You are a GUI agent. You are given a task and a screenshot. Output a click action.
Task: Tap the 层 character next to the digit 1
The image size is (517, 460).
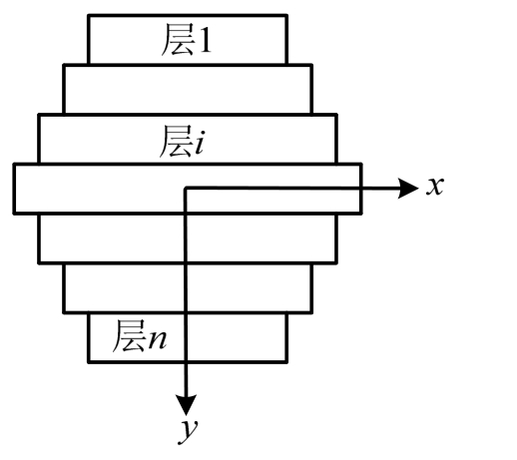click(x=178, y=40)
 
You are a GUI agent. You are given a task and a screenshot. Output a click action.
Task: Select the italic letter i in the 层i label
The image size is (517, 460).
click(x=199, y=143)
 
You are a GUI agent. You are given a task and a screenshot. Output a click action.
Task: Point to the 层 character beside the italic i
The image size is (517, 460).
click(x=177, y=142)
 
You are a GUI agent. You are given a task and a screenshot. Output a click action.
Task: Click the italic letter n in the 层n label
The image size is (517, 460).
click(x=158, y=339)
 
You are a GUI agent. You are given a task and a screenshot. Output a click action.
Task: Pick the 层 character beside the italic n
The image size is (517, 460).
click(x=130, y=336)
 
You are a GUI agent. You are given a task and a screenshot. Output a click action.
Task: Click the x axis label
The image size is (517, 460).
click(x=435, y=187)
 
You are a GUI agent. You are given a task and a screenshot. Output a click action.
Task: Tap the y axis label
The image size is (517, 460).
click(x=189, y=431)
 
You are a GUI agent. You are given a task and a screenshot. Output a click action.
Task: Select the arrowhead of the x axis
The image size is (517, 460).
click(x=408, y=189)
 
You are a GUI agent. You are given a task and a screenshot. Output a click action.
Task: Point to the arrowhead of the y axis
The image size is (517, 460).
click(x=186, y=405)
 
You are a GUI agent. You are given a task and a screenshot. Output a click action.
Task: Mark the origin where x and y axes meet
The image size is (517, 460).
click(x=186, y=189)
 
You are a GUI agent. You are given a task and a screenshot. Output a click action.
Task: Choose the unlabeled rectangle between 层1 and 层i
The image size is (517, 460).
click(x=188, y=89)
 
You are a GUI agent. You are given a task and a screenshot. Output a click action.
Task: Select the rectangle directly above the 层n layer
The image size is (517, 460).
click(x=188, y=288)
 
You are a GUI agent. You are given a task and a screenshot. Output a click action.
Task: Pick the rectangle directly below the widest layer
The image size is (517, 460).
click(x=188, y=238)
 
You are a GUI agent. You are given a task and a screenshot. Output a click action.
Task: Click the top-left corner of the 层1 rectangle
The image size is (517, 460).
click(x=89, y=15)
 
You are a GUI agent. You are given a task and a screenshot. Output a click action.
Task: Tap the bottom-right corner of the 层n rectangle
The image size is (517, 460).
click(x=286, y=362)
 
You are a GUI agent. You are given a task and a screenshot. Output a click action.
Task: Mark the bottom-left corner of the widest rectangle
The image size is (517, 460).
click(x=14, y=214)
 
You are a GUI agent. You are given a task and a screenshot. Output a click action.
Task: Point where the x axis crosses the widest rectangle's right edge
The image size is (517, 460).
click(x=361, y=189)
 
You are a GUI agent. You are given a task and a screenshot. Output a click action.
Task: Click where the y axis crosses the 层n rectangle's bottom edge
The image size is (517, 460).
click(x=186, y=362)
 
